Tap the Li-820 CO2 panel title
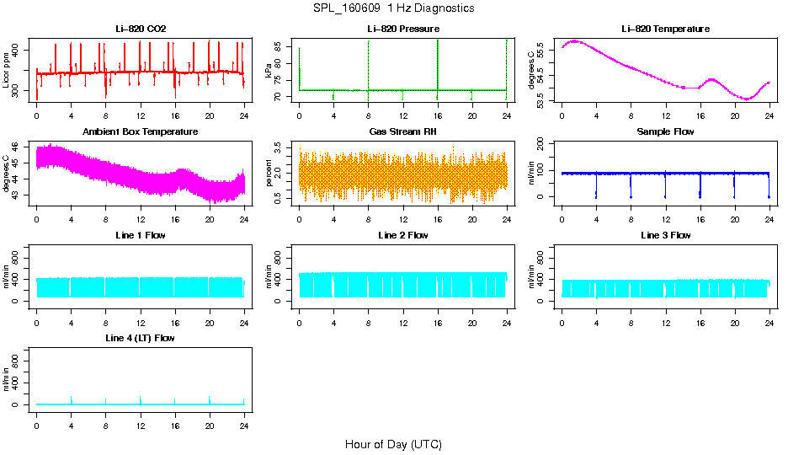click(141, 29)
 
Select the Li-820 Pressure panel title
click(403, 29)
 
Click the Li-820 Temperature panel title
click(665, 29)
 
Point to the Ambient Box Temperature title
click(141, 132)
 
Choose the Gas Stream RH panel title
click(403, 132)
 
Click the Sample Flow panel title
click(665, 132)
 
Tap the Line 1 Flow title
click(141, 235)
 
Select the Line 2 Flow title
click(403, 235)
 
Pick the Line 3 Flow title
click(665, 235)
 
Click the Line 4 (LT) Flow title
click(141, 338)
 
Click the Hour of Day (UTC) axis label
click(393, 444)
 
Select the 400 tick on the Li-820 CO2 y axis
click(20, 51)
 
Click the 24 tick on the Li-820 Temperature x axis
click(769, 115)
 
